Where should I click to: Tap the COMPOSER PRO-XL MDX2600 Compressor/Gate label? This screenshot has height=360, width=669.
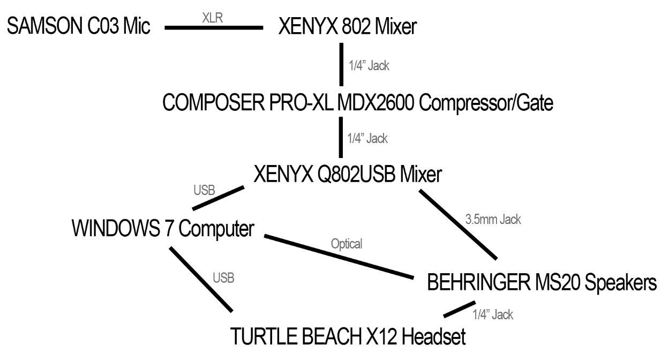tap(358, 102)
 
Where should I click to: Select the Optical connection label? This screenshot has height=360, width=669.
tap(347, 244)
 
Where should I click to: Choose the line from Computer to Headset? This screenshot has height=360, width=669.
tap(201, 279)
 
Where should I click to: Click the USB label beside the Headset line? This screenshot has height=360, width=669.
tap(228, 279)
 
